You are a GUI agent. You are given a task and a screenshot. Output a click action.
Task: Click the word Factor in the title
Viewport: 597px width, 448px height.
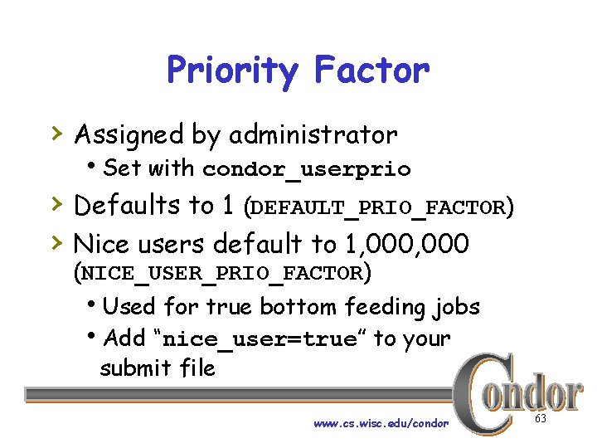click(371, 71)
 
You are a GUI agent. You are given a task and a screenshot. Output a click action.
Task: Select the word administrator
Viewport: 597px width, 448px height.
click(313, 134)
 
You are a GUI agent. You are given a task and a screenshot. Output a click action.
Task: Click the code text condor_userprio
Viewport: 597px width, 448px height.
click(306, 169)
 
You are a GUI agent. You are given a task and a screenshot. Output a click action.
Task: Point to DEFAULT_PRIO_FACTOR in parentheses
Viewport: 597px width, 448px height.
click(377, 207)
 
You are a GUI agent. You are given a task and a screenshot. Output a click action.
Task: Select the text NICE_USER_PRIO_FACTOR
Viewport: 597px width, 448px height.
click(221, 273)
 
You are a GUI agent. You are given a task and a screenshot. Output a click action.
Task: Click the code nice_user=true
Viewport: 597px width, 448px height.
click(259, 339)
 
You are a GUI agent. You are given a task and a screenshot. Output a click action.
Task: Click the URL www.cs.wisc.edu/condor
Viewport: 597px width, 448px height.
click(381, 423)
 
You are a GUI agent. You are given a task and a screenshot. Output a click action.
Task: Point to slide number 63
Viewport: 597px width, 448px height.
click(541, 419)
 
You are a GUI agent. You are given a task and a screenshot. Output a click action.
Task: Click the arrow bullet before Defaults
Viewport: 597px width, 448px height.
click(56, 202)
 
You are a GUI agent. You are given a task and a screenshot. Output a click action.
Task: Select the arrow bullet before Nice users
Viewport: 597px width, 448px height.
click(56, 241)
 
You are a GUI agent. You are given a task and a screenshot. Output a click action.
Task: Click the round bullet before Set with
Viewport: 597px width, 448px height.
click(97, 165)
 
